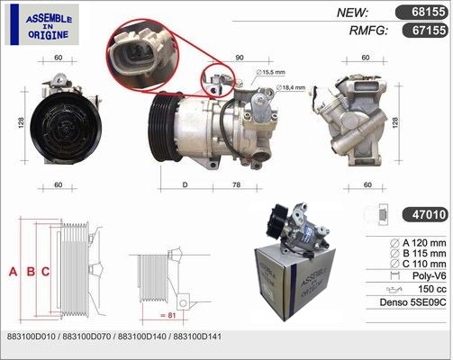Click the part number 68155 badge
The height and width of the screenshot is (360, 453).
point(421,13)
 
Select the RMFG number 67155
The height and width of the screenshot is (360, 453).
point(424,31)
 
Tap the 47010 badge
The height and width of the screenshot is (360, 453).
point(424,214)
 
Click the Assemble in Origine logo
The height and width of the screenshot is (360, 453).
point(42,24)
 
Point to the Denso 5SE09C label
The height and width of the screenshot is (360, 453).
point(412,302)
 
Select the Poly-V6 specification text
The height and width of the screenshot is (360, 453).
point(430,275)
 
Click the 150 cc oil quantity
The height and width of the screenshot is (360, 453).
point(432,289)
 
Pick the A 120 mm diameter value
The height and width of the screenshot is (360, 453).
point(424,243)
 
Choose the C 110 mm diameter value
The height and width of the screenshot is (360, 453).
point(424,264)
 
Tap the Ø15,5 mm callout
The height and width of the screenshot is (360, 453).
point(270,72)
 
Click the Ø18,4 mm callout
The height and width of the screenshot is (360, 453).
point(291,87)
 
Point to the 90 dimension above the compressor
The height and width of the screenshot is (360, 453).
point(240,58)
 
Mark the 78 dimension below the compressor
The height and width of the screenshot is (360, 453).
point(237,184)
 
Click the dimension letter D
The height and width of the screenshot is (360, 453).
point(185,184)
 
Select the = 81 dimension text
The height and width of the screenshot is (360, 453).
point(168,315)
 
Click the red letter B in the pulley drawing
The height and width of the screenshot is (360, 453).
point(31,272)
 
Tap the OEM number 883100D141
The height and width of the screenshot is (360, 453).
point(197,337)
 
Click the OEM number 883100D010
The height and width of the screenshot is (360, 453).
point(31,337)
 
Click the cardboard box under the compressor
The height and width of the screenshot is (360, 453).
point(294,282)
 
